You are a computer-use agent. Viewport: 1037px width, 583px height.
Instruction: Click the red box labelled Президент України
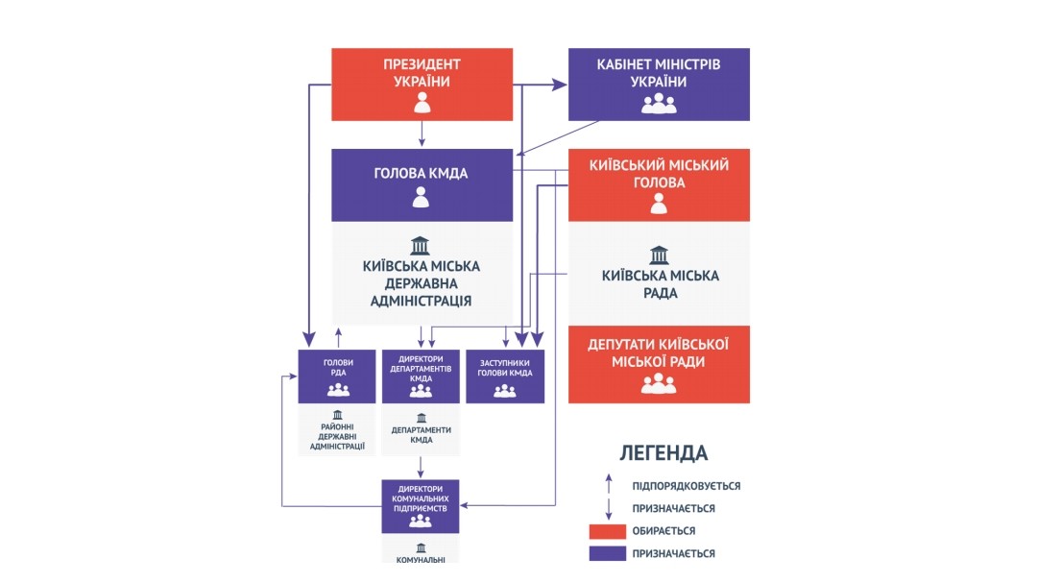pos(422,85)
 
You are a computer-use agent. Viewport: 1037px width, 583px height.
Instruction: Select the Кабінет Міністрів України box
pos(659,85)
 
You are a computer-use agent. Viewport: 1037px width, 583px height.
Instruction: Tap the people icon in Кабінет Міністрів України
pos(659,103)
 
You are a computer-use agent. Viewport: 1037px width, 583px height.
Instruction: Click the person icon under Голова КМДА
pos(421,197)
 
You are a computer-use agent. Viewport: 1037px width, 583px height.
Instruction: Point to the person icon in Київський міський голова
pos(659,203)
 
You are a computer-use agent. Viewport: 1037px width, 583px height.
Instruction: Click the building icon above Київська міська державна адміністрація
pos(421,245)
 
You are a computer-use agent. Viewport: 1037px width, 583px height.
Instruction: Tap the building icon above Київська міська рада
pos(659,255)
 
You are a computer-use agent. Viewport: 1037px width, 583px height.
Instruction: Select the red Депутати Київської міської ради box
pos(659,364)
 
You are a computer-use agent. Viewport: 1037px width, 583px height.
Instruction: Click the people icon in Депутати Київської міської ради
pos(659,382)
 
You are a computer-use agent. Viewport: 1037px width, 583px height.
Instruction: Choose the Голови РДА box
pos(337,376)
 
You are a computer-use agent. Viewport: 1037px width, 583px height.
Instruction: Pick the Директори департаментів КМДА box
pos(421,376)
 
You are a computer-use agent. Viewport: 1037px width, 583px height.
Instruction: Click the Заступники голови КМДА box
pos(505,376)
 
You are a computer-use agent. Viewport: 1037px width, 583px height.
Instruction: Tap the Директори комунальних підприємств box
pos(421,506)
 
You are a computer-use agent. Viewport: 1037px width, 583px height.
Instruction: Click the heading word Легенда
pos(663,452)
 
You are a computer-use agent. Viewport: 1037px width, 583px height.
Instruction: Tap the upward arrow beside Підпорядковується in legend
pos(608,486)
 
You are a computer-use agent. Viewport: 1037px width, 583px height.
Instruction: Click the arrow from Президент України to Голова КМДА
pos(422,134)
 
